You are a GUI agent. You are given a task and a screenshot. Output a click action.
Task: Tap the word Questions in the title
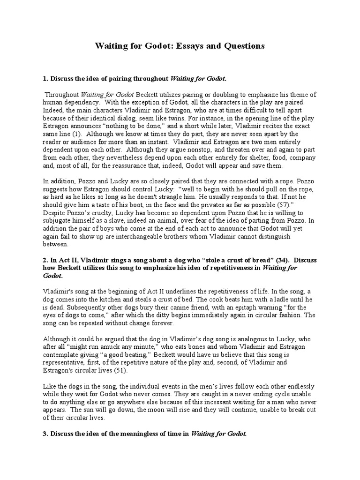[x=244, y=46]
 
